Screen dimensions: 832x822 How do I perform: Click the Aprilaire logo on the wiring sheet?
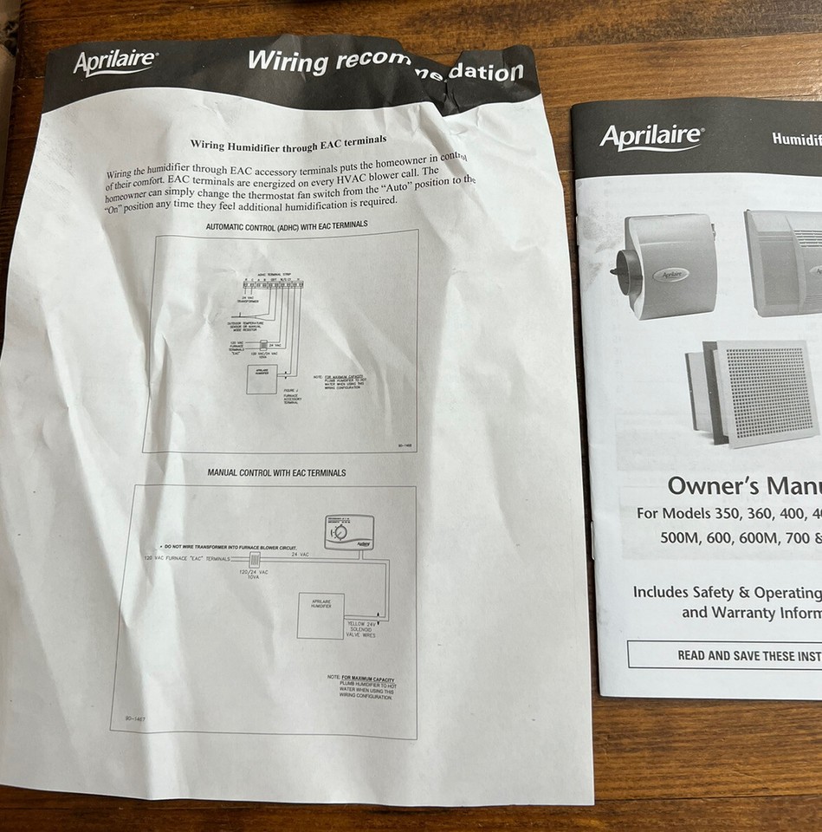pos(115,63)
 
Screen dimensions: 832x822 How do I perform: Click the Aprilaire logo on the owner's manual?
pos(651,137)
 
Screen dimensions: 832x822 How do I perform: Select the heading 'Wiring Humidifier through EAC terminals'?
pos(288,141)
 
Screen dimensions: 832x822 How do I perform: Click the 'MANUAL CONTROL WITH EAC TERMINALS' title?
pos(276,472)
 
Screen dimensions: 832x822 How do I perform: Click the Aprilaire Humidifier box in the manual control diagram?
pos(320,615)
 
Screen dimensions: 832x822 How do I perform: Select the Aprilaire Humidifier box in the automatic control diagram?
pos(261,379)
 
